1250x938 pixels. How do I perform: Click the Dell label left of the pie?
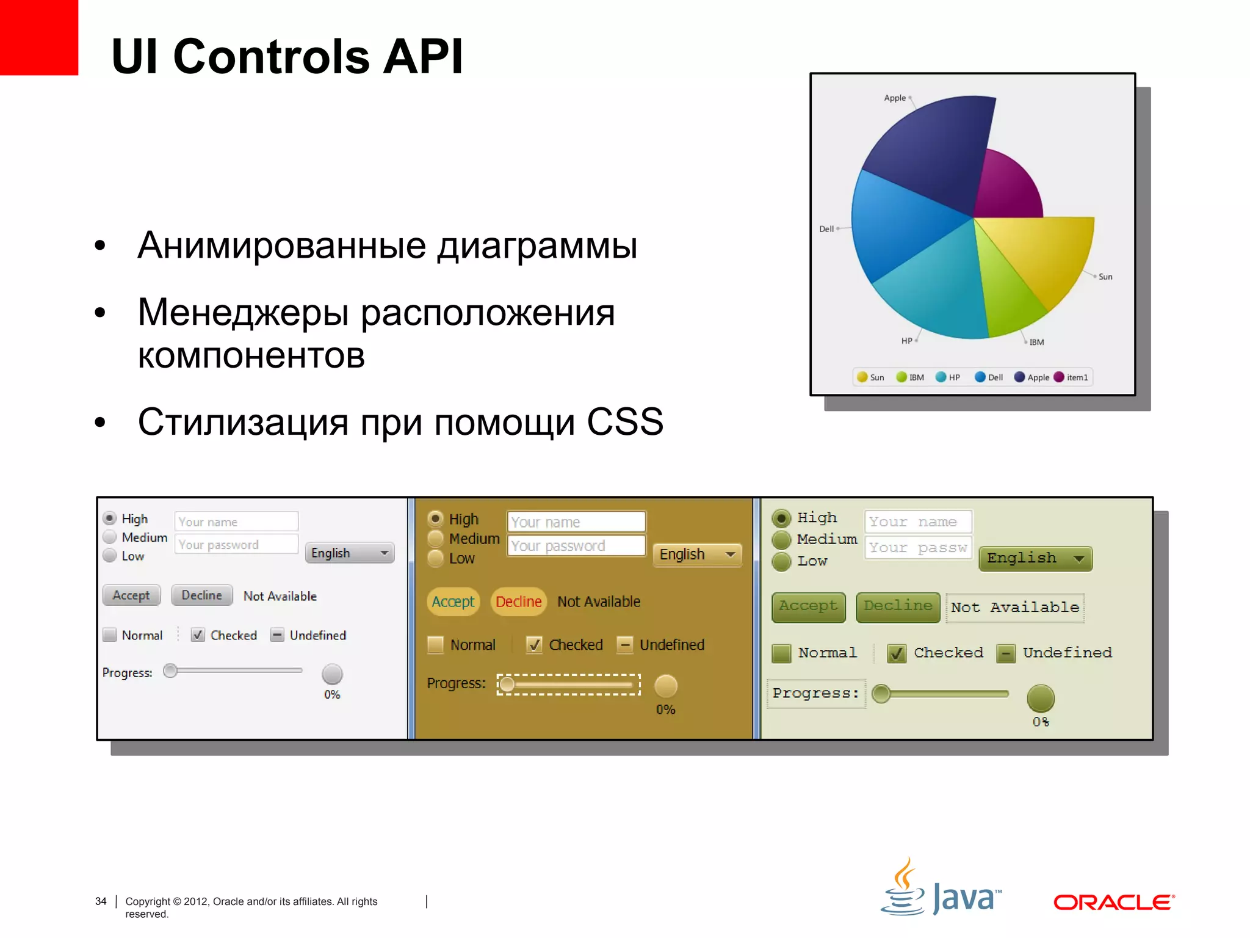pos(826,229)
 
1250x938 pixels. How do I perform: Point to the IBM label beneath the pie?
pos(1036,343)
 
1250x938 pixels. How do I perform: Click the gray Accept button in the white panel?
pos(131,595)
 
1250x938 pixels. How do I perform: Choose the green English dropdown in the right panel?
pos(1035,559)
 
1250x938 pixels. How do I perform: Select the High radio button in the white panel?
pos(110,518)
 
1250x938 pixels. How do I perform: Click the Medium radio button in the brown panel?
pos(435,539)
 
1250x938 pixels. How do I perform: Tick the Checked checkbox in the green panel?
pos(896,653)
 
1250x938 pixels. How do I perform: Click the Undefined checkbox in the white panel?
pos(277,635)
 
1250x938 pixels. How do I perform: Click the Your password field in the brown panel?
pos(576,546)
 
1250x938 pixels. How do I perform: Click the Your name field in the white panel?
pos(236,522)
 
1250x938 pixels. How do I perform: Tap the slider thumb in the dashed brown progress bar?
pos(507,685)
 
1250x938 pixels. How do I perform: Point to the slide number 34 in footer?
pos(101,901)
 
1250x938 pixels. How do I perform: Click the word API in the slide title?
pos(422,56)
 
